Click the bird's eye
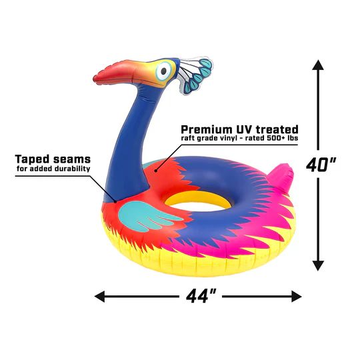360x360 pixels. click(163, 71)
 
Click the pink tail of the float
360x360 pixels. click(282, 176)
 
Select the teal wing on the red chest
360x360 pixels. click(147, 216)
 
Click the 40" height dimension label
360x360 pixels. click(321, 165)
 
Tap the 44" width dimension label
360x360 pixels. click(201, 297)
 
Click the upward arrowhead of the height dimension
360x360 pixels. click(318, 65)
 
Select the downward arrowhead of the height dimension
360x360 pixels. click(318, 265)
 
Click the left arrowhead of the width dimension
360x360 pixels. click(99, 297)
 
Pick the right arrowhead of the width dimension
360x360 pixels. click(297, 297)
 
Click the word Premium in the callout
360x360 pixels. click(207, 130)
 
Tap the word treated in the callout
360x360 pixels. click(277, 129)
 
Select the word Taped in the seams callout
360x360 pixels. click(33, 159)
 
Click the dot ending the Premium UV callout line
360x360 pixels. click(155, 171)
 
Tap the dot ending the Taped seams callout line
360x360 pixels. click(115, 202)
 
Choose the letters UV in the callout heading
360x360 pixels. click(245, 129)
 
